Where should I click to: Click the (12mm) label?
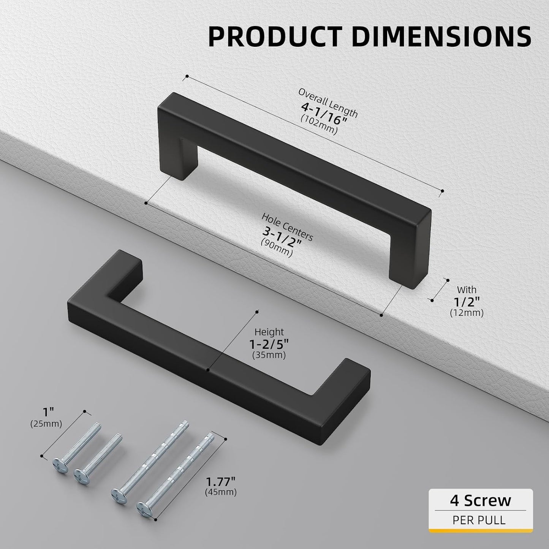tap(467, 313)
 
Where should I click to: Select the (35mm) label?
tap(269, 355)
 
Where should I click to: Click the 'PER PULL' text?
tap(479, 520)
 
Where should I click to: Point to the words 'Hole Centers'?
tap(287, 227)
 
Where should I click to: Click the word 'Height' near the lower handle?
tap(269, 332)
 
